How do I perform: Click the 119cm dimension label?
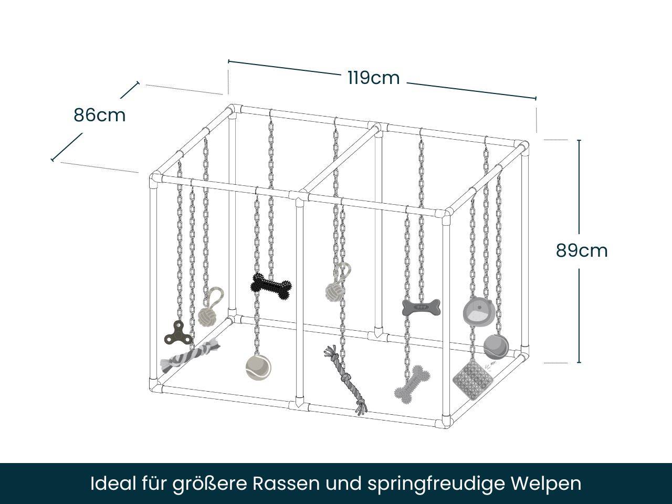coord(373,78)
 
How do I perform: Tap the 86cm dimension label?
coord(99,115)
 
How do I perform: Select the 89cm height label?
coord(581,250)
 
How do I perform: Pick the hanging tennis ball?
coord(258,367)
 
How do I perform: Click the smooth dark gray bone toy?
coord(421,307)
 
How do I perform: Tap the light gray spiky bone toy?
coord(412,384)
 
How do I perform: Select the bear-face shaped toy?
coord(478,311)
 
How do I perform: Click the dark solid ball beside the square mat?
coord(496,346)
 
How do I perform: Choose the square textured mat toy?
coord(473,379)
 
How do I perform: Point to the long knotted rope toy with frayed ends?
coord(346,378)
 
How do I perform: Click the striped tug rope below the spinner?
coord(190,355)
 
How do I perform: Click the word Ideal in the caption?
coord(113,483)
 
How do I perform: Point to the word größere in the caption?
coord(209,484)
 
